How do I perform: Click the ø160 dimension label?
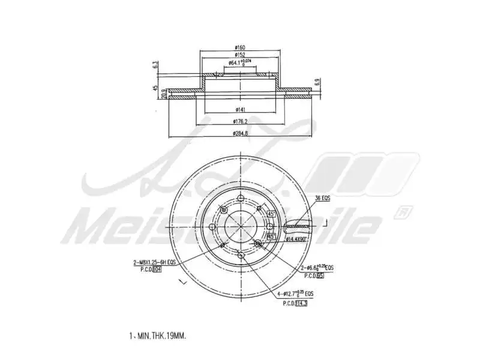[x=240, y=47]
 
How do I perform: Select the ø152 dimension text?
[x=240, y=55]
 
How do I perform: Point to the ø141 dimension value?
[x=240, y=109]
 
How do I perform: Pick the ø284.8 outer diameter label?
[x=240, y=133]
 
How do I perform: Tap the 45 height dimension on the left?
[x=155, y=89]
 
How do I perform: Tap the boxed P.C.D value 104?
[x=157, y=269]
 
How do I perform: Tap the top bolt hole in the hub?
[x=240, y=198]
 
